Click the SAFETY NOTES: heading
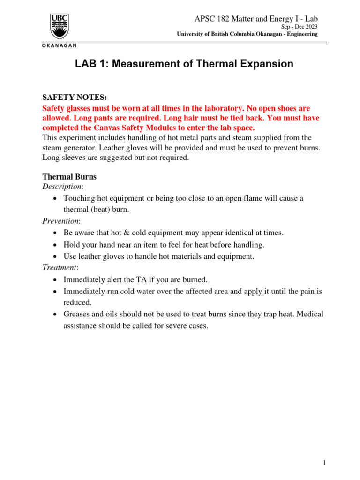click(x=75, y=97)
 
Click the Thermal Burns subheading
click(x=69, y=177)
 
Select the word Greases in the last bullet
click(x=76, y=314)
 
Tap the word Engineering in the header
click(x=300, y=34)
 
